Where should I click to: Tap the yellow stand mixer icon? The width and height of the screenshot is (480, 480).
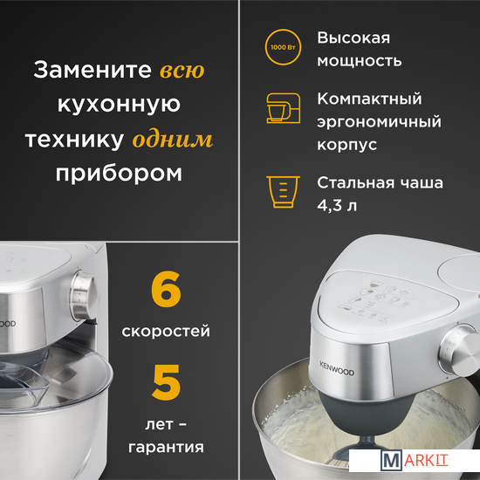(283, 108)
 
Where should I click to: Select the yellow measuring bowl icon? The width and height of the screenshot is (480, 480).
(283, 192)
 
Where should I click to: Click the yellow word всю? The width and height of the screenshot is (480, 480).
(182, 71)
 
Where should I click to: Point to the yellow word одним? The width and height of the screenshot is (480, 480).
(172, 140)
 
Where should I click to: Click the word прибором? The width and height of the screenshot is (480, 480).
(119, 174)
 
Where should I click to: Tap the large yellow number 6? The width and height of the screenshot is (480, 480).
(166, 289)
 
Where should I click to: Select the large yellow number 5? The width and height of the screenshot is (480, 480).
(166, 382)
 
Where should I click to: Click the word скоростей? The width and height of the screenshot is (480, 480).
(166, 332)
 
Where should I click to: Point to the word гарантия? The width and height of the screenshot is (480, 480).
(166, 447)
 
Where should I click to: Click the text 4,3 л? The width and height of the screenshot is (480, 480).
(337, 205)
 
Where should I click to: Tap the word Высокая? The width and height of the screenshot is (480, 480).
(353, 38)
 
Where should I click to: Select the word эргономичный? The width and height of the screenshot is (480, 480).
(379, 122)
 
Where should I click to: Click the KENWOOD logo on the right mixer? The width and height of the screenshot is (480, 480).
(337, 368)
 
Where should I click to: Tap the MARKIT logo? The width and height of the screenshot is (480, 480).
(415, 461)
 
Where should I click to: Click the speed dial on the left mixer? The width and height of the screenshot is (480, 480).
(83, 295)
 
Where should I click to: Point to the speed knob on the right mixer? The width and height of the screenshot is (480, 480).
(460, 351)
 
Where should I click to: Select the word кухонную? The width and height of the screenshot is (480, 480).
(119, 105)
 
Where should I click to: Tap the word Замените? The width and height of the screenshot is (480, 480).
(93, 70)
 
